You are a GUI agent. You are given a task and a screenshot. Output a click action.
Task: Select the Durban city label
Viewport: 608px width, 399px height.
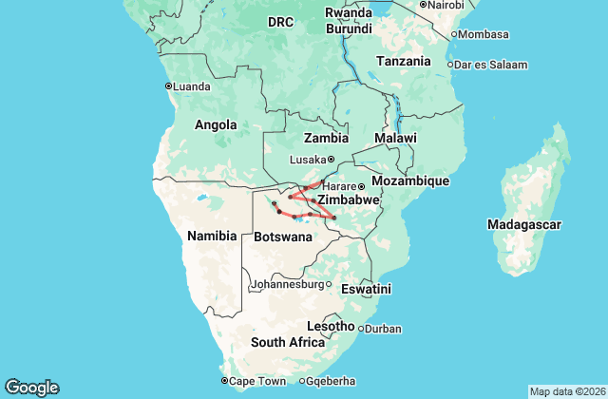[x=382, y=329]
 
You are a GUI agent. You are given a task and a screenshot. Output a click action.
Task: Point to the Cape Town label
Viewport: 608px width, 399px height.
[x=257, y=381]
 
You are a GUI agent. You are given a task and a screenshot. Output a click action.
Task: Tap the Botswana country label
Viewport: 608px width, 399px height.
[x=284, y=237]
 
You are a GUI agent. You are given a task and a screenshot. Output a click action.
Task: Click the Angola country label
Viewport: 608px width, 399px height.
[x=216, y=124]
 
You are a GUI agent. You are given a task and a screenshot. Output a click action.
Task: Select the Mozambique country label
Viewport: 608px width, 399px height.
[x=409, y=180]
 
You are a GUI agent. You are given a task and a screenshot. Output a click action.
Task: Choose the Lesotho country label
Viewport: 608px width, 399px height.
[x=332, y=326]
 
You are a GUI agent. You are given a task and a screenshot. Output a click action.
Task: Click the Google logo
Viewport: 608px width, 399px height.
[x=31, y=388]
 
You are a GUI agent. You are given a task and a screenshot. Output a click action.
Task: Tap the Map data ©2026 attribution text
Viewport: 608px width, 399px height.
[x=566, y=391]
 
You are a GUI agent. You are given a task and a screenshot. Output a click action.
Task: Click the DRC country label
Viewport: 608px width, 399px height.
[x=280, y=21]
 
